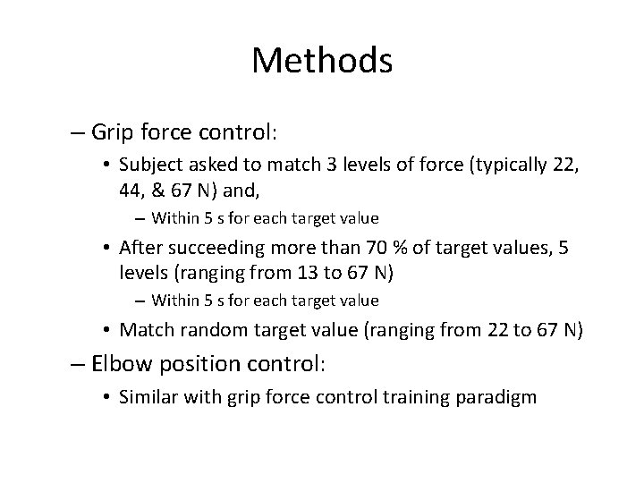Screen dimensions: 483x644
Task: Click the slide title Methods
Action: (x=322, y=61)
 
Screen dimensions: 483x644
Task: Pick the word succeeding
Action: (x=208, y=247)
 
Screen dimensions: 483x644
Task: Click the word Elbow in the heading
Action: (x=118, y=364)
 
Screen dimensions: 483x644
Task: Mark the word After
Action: (x=141, y=247)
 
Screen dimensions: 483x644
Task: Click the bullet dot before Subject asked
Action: (x=106, y=165)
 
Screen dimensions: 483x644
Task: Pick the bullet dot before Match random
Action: (x=106, y=331)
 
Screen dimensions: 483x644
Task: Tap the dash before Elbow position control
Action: (x=78, y=364)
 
